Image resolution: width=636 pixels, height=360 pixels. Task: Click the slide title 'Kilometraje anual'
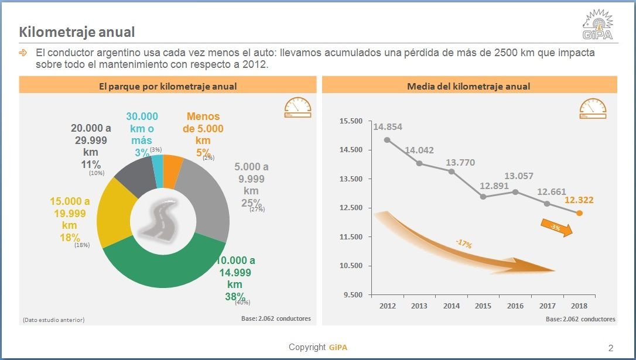(77, 32)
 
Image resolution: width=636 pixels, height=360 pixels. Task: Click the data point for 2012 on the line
(387, 140)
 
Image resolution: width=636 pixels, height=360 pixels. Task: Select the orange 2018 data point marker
(579, 213)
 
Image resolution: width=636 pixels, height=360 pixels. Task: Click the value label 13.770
(460, 162)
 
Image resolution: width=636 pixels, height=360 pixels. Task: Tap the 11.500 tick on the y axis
(351, 237)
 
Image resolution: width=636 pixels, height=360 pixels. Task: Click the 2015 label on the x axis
(483, 306)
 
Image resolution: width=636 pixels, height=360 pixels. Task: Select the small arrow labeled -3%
(556, 228)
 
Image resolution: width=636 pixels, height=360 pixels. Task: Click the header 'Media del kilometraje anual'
(468, 86)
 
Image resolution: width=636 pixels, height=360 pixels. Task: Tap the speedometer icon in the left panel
(297, 108)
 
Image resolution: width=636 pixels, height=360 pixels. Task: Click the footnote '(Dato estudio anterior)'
(53, 320)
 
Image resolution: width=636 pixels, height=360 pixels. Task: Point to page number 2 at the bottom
(611, 348)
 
